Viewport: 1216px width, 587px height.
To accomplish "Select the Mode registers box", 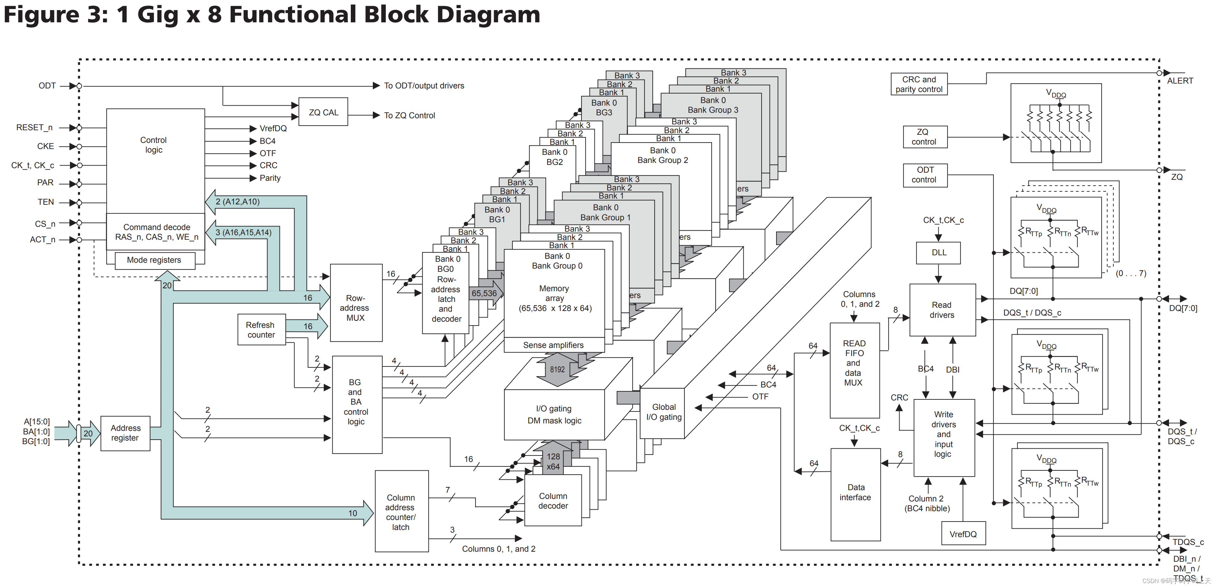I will click(155, 260).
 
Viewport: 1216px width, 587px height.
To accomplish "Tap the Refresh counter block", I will click(261, 330).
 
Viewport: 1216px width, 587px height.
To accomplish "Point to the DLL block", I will click(938, 253).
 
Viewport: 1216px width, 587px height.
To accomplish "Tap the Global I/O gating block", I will click(663, 412).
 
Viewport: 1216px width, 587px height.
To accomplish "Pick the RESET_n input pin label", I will click(34, 128).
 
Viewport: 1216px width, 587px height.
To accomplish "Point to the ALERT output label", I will click(1180, 81).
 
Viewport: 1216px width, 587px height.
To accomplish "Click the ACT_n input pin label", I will click(42, 239).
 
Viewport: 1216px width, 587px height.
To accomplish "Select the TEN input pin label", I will click(46, 202).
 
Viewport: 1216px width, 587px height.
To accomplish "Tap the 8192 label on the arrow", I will click(557, 369).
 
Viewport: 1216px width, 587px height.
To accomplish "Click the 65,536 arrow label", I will click(484, 293).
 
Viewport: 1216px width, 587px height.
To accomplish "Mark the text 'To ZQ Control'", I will click(409, 116).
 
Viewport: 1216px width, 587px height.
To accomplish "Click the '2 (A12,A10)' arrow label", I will click(237, 201).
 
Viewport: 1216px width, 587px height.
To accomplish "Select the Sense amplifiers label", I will click(553, 345).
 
